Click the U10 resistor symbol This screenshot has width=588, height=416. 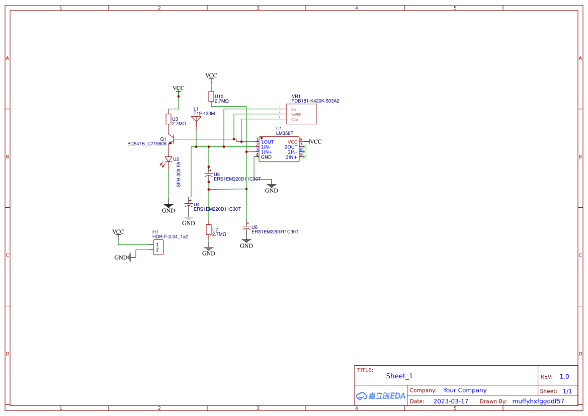211,97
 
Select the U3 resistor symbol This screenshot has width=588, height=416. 169,119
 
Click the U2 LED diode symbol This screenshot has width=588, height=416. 169,159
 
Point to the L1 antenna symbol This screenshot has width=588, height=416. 196,120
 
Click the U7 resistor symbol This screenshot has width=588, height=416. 209,230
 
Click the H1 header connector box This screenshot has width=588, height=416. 158,247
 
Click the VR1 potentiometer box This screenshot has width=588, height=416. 301,114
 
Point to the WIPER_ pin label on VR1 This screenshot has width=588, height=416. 297,114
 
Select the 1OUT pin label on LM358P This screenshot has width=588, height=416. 268,142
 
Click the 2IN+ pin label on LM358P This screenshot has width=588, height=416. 291,157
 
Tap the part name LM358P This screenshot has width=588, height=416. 284,133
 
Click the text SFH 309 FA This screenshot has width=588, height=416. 179,175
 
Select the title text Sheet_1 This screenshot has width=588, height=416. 399,376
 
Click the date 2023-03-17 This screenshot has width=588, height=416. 451,401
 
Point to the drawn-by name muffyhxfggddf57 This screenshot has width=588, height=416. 538,401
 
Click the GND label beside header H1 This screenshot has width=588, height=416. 121,258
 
